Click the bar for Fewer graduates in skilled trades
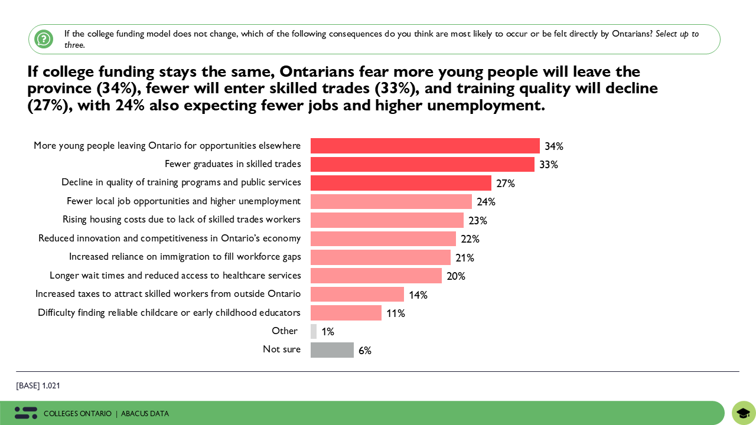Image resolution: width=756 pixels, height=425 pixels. (422, 164)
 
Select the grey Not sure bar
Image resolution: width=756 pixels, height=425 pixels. (332, 350)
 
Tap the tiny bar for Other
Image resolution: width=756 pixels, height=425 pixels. (314, 332)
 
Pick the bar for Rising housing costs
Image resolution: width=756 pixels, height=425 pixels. (387, 220)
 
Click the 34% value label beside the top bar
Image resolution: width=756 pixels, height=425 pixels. (554, 146)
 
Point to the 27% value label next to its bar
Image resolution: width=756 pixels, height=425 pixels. (506, 184)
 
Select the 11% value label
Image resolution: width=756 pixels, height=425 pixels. (396, 313)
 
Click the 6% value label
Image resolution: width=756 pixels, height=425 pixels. (365, 351)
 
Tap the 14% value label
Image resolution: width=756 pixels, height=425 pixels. (418, 295)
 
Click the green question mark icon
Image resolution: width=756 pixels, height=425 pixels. (44, 39)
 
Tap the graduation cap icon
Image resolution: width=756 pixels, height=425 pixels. (744, 413)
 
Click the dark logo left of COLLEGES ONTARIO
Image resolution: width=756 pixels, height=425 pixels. (26, 413)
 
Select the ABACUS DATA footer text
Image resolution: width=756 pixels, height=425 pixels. (145, 414)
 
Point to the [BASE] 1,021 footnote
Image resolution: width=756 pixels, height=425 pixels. (38, 386)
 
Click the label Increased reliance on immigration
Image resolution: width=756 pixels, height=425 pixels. (185, 257)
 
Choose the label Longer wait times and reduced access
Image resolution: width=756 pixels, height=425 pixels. (175, 276)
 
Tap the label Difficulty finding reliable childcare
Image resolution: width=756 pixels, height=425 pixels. (169, 313)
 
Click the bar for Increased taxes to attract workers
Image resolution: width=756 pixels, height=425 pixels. (357, 295)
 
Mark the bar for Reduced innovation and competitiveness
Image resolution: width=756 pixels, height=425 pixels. (383, 238)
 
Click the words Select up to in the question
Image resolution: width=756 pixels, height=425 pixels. (677, 34)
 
